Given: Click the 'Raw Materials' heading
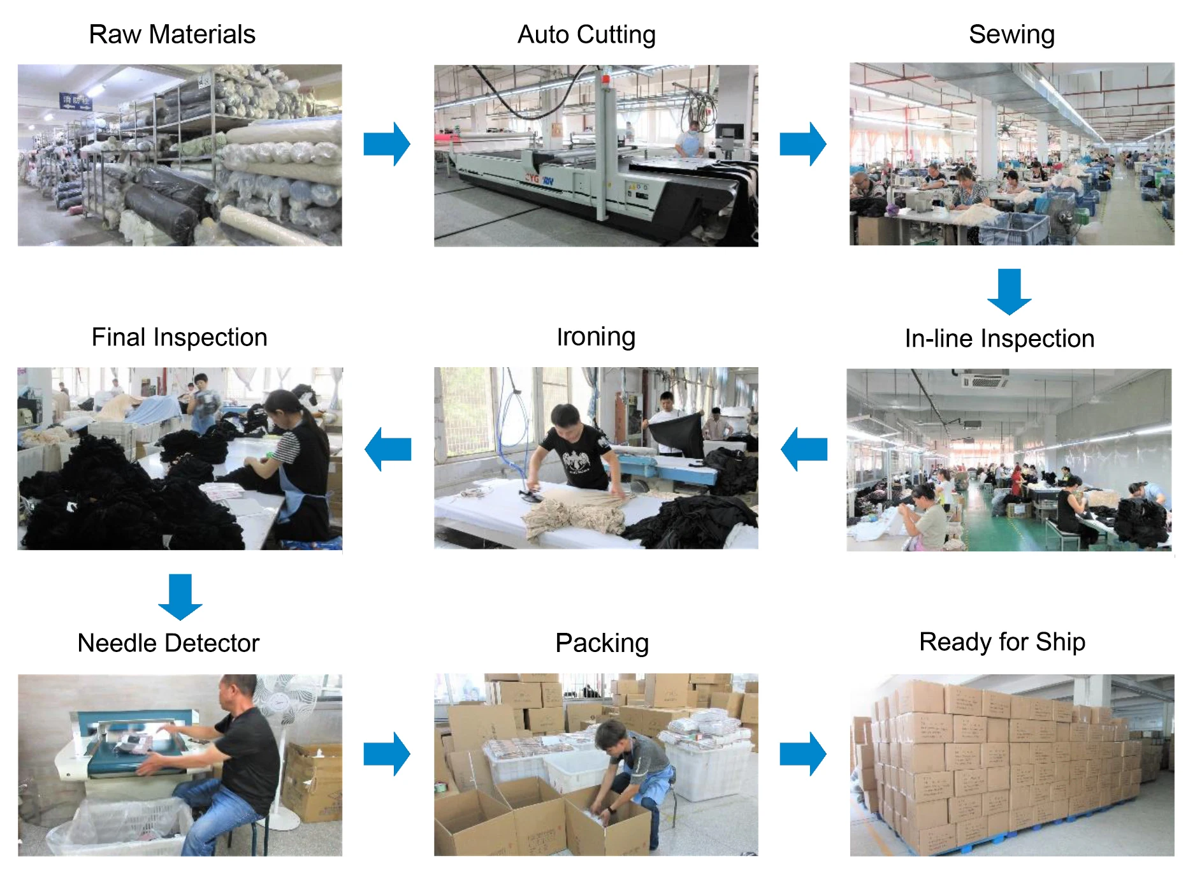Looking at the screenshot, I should pos(172,34).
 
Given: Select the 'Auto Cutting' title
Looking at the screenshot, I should pos(586,34).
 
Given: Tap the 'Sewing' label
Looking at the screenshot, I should pos(1011,34).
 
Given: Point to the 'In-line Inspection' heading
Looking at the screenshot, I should pos(999,338).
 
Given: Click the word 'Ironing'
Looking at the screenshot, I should pos(596,337).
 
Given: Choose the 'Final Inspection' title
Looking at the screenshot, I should pos(179,337).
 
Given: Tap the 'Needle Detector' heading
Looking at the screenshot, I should pos(168,643).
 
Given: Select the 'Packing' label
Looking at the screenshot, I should pos(602,643).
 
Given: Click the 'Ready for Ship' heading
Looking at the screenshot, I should pos(1002,642).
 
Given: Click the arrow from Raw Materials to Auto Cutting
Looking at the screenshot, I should pos(386,144).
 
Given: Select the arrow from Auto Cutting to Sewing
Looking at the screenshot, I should pos(802,144).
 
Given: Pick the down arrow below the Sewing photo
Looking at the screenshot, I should pos(1010,291).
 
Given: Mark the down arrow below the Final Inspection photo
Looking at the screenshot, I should pos(180,597).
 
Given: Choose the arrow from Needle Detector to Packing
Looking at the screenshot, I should pos(386,754).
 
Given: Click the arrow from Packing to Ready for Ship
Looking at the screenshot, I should pos(802,754).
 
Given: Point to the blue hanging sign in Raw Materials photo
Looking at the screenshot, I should pos(76,101).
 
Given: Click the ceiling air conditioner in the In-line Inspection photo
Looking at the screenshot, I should pos(984,380).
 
